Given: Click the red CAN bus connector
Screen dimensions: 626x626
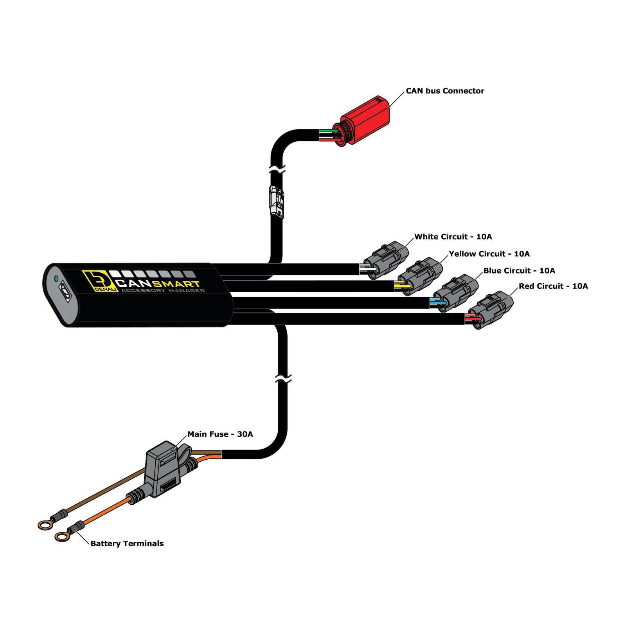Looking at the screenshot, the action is [x=363, y=121].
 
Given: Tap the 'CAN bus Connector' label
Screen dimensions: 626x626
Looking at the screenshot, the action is [x=445, y=91].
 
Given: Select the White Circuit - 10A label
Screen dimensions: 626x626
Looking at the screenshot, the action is [x=453, y=237].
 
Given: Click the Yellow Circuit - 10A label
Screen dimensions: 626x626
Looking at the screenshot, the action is [x=489, y=254].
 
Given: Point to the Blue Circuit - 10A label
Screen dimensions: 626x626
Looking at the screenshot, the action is [x=519, y=271].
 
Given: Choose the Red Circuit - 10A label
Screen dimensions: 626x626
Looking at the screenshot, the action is [x=553, y=286].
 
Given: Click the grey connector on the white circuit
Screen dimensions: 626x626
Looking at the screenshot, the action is [x=386, y=260].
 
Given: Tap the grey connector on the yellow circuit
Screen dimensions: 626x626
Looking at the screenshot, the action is [x=420, y=276].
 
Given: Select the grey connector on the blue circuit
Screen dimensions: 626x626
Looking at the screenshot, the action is [x=455, y=293].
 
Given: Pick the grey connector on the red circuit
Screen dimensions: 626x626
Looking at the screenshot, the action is [x=490, y=310].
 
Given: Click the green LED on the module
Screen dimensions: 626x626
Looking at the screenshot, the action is [x=56, y=279].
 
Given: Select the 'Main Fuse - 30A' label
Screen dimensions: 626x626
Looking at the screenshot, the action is [x=220, y=434].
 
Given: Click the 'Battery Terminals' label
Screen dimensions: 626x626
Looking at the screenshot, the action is [x=127, y=543].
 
